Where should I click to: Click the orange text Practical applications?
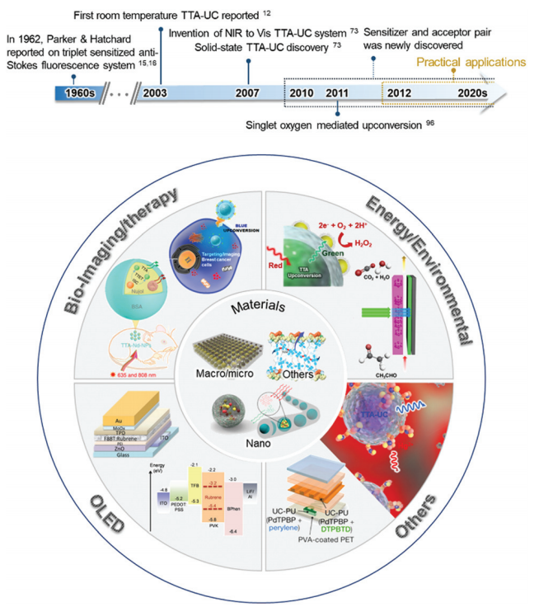click(471, 62)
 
